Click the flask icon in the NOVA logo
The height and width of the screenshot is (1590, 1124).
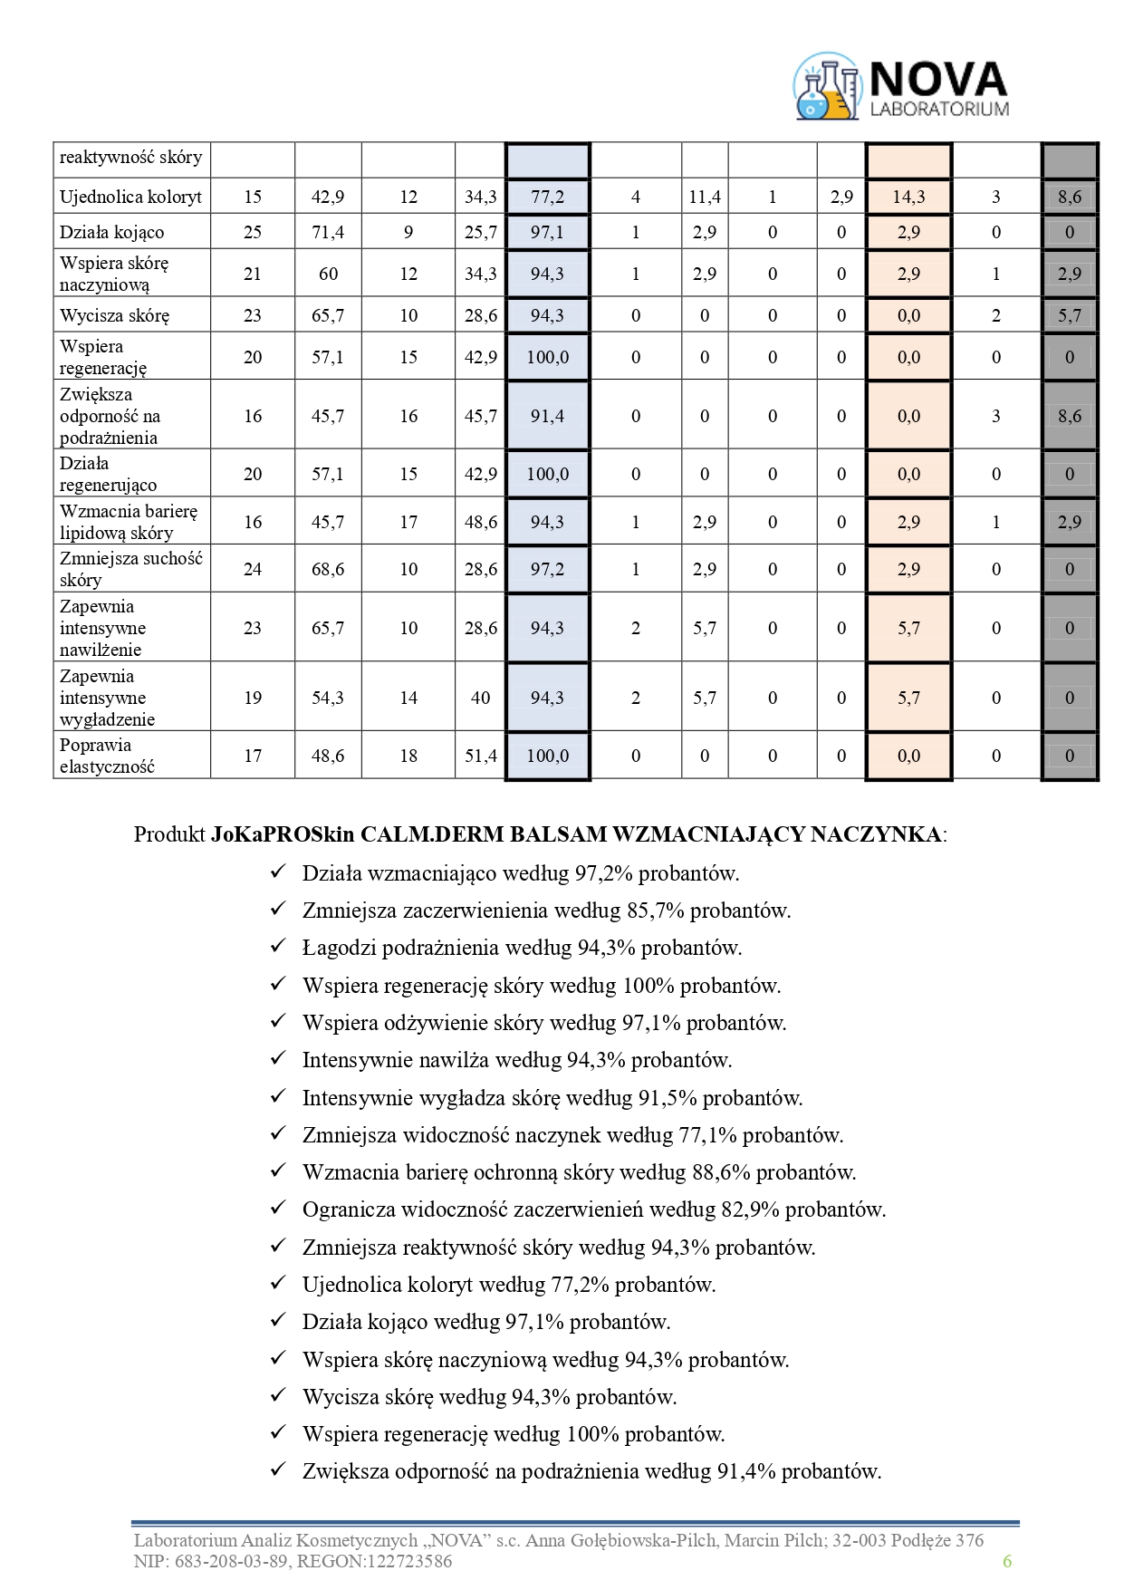825,87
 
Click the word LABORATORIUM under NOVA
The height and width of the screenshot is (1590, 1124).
938,109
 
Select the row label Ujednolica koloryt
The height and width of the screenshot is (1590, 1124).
130,197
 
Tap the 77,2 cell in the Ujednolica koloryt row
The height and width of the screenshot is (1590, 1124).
547,197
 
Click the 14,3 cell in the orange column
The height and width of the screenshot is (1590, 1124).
908,197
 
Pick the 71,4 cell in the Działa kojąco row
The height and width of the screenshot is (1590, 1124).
328,233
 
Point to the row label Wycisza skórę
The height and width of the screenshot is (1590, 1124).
114,315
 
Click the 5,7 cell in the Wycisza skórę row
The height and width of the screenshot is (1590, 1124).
1070,315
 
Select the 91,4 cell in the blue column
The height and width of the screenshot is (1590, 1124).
547,416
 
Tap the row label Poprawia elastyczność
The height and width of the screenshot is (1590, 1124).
107,756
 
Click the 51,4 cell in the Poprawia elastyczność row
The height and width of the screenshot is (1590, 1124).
481,756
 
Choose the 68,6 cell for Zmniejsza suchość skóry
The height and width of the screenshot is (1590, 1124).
328,569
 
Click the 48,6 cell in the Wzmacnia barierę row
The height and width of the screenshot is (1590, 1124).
481,522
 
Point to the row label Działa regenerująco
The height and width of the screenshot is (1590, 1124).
108,474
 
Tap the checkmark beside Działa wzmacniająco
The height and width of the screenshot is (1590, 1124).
278,872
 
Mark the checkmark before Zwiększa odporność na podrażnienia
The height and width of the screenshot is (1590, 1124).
278,1470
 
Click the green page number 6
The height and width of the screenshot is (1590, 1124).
1006,1560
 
